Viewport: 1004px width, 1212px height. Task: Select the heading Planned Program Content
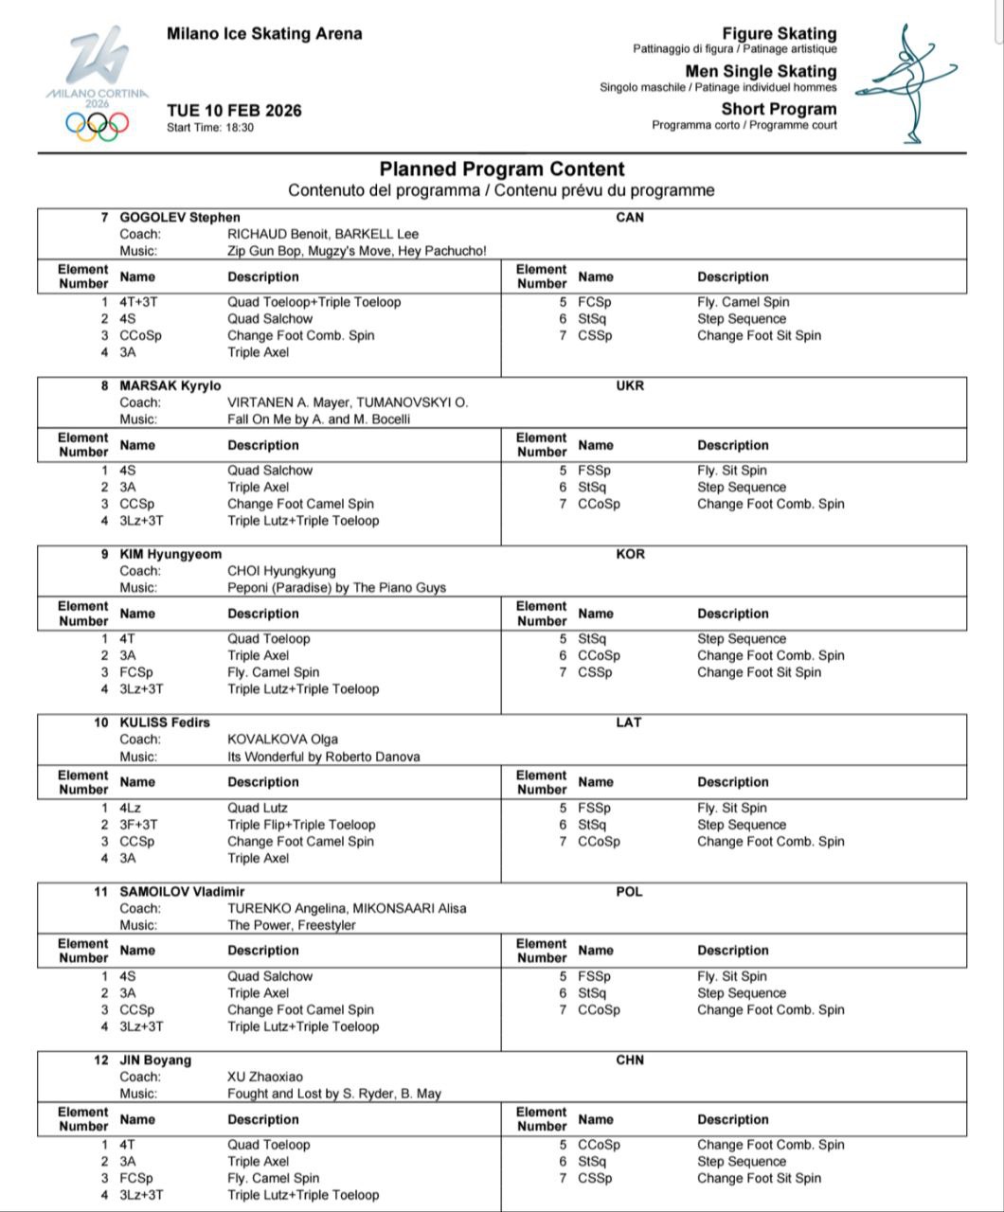502,169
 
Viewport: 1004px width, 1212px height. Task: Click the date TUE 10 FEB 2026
234,111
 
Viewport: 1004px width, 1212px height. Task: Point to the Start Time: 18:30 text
210,128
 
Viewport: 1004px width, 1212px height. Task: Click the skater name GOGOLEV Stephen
179,217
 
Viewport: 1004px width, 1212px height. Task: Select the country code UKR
630,385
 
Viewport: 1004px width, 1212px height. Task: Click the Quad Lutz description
258,808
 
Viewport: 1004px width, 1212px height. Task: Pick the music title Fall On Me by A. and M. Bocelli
318,419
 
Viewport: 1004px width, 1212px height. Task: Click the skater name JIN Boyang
155,1060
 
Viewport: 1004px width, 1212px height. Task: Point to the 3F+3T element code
139,825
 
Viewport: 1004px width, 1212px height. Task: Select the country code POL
630,891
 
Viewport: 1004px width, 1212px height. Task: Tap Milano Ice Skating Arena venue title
264,34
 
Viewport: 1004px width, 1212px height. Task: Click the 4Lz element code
131,808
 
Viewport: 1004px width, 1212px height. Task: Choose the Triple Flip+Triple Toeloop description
301,825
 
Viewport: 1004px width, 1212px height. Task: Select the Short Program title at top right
779,109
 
